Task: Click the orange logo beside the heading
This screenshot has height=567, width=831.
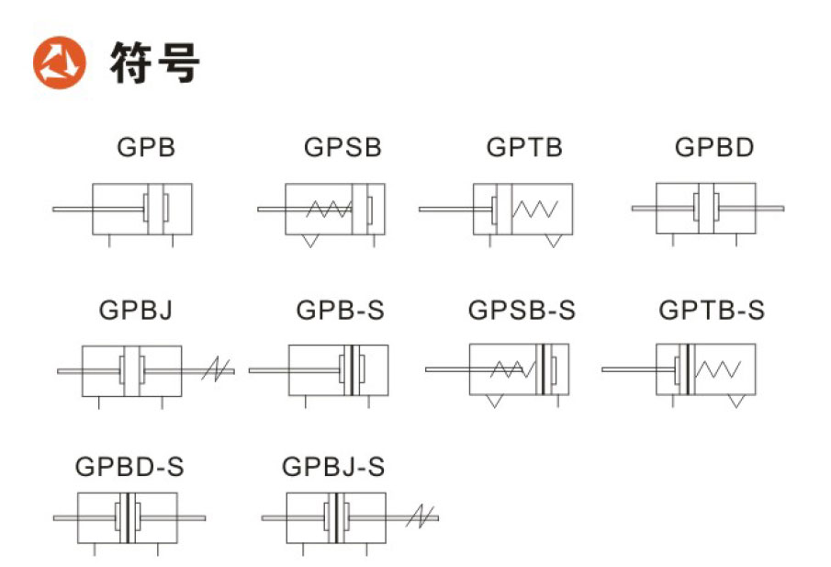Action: [x=60, y=62]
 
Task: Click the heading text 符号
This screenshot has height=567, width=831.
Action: [x=155, y=62]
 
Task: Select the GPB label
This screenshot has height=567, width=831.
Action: [x=146, y=147]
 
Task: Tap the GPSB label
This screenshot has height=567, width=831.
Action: [x=343, y=147]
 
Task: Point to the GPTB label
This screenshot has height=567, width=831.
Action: [x=524, y=147]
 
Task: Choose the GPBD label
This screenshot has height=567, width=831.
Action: [x=713, y=147]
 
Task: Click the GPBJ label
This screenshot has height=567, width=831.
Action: [x=136, y=310]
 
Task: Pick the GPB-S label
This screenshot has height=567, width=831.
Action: [x=340, y=310]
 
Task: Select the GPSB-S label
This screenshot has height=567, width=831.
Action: [x=522, y=310]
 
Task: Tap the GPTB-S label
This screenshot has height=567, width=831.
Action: [x=712, y=310]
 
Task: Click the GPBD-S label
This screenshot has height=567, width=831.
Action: [x=129, y=467]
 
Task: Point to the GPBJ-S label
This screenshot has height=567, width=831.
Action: [x=332, y=467]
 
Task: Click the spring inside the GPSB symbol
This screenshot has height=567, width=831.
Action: [x=329, y=209]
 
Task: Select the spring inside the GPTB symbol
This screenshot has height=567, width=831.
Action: [x=534, y=209]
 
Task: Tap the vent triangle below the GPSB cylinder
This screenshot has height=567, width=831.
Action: [x=310, y=241]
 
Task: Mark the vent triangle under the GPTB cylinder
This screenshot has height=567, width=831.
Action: [x=554, y=241]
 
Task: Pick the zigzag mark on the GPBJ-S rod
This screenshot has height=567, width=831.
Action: [x=420, y=516]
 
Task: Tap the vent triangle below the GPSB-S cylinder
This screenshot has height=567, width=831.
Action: [x=494, y=402]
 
